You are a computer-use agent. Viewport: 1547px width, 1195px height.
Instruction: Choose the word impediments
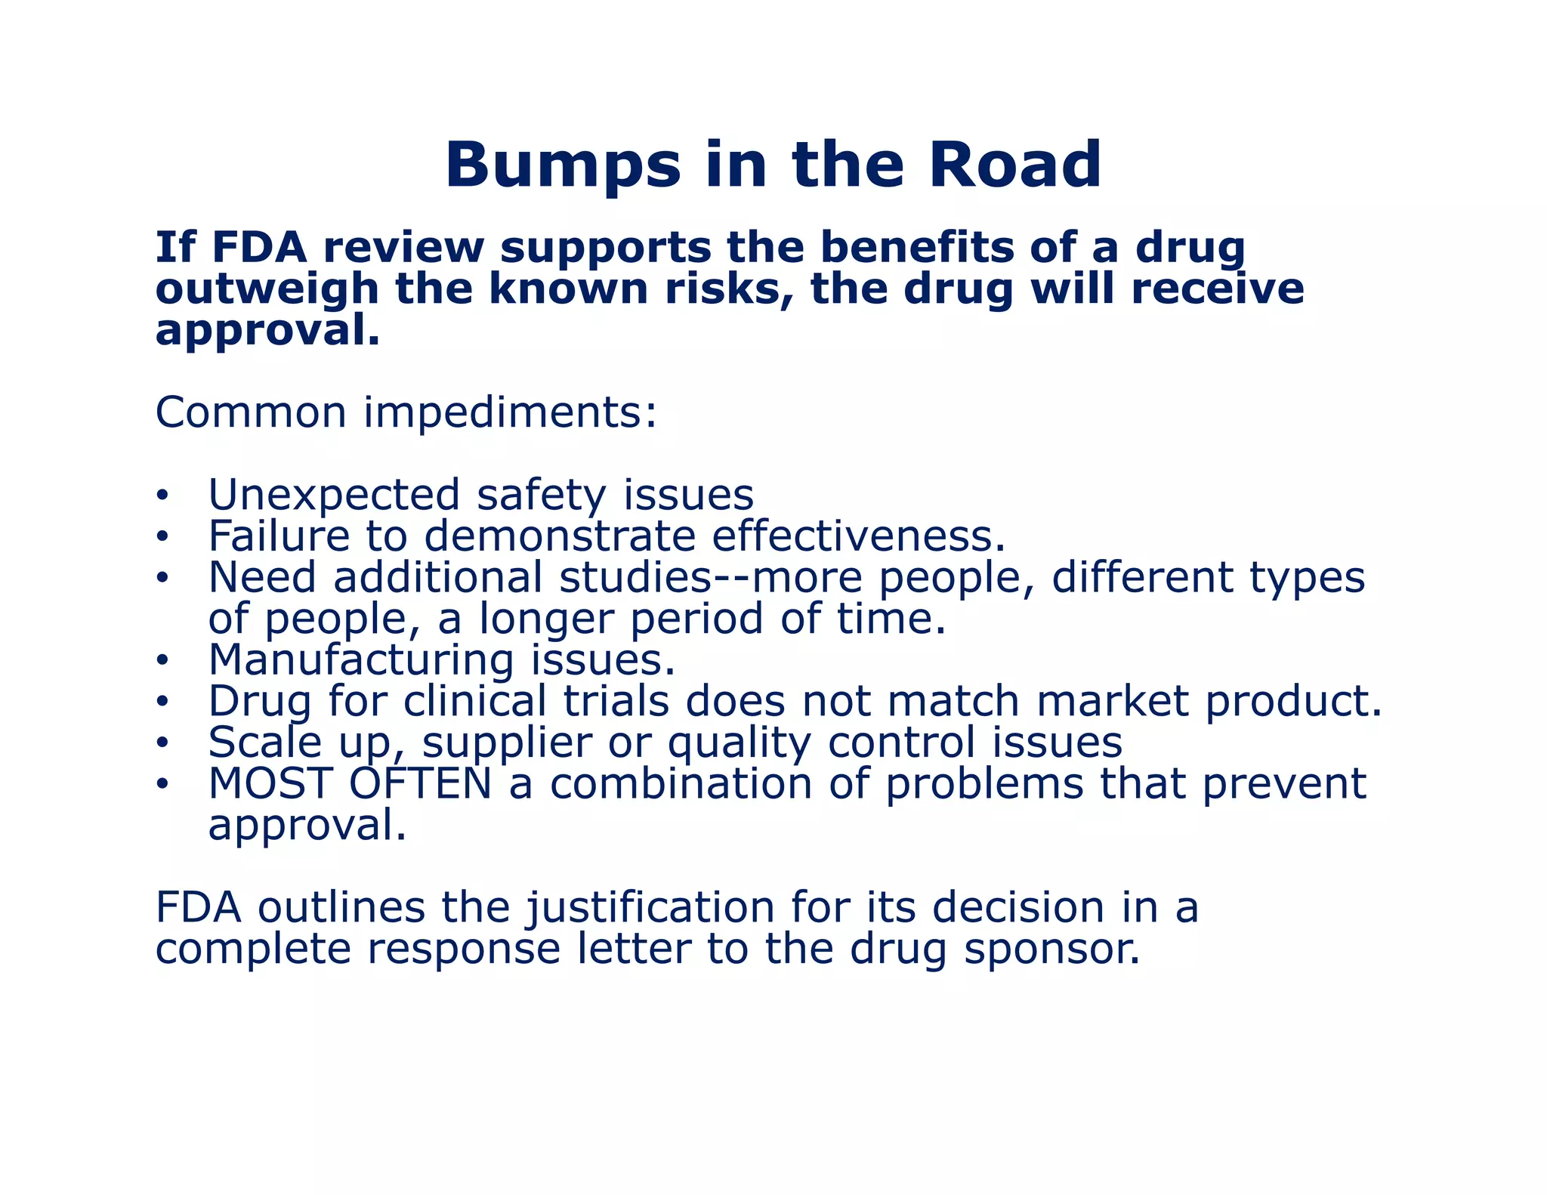[511, 413]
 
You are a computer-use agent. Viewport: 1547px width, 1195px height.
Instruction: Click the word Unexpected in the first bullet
[333, 496]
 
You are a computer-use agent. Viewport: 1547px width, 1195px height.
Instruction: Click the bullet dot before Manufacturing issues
[161, 661]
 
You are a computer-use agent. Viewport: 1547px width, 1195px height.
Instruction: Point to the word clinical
[474, 702]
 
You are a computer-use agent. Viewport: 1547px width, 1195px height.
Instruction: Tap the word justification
[650, 907]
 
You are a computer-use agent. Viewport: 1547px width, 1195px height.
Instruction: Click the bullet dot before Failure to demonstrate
[161, 537]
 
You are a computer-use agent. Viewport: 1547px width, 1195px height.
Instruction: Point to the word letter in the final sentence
[634, 949]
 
